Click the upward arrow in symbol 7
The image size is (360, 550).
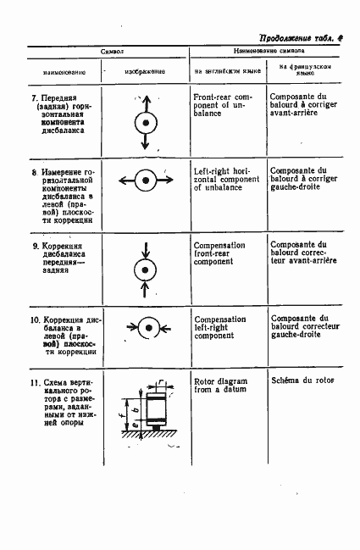coord(147,103)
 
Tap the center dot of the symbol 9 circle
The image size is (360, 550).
coord(147,270)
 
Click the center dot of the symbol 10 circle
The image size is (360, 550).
coord(147,327)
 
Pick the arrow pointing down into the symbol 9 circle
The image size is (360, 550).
coord(147,249)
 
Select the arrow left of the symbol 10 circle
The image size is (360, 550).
coord(126,327)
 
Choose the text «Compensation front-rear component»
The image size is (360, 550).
coord(219,253)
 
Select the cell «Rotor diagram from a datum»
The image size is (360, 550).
coord(219,386)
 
